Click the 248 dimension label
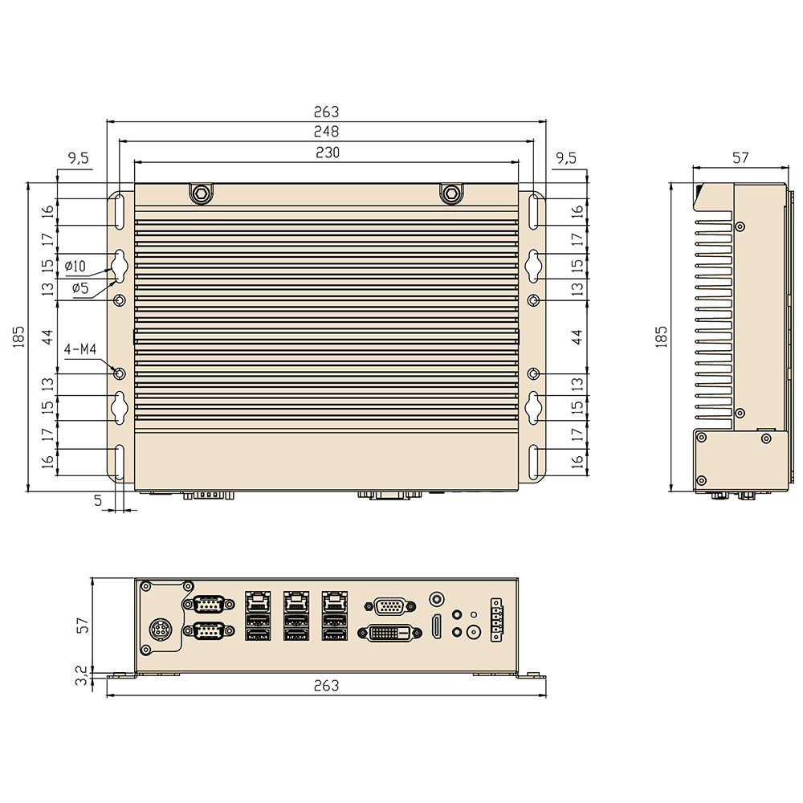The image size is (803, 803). click(x=326, y=131)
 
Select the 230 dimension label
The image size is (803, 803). click(x=326, y=152)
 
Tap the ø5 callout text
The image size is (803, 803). click(x=79, y=288)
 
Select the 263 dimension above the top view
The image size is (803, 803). click(x=326, y=112)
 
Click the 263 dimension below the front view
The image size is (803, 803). click(x=326, y=686)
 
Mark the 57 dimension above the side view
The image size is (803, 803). click(x=740, y=158)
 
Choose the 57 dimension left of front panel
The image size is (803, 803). click(x=80, y=625)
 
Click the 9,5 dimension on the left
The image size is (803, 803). click(x=79, y=158)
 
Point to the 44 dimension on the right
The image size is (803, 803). click(x=576, y=336)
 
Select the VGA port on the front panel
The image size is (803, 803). click(x=390, y=605)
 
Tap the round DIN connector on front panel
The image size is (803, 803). click(x=161, y=631)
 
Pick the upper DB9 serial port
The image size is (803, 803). click(x=208, y=604)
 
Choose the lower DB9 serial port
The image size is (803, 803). click(x=208, y=633)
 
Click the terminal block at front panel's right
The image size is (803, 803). click(x=495, y=619)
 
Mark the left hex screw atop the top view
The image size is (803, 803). click(x=200, y=193)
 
